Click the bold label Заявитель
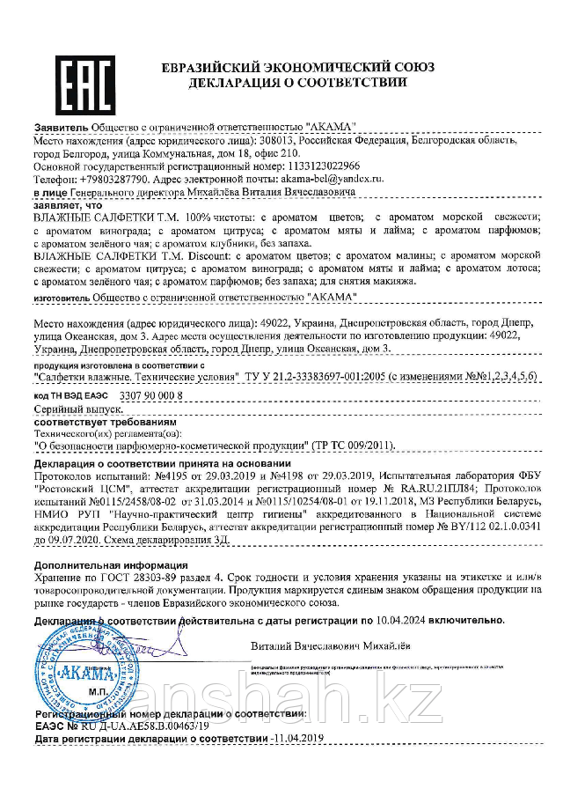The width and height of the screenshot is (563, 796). point(59,128)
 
